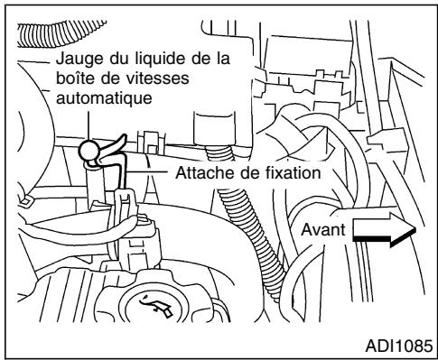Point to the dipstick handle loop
pos(89,152)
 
